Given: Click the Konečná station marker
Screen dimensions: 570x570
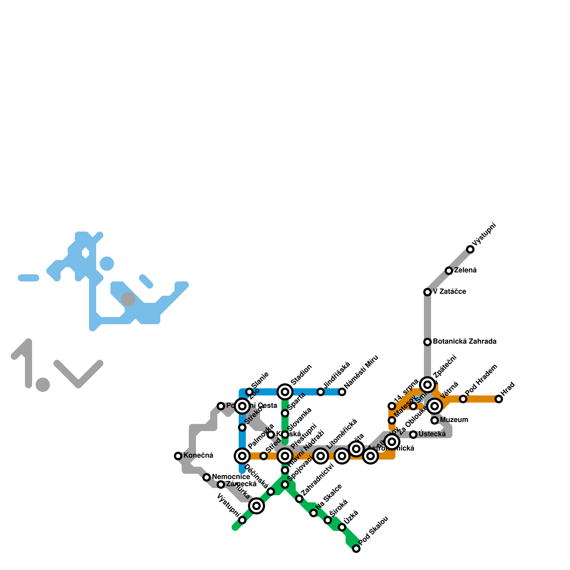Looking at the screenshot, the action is click(178, 456).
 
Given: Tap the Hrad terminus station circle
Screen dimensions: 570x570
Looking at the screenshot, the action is click(499, 399).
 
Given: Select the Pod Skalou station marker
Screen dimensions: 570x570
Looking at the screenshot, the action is click(356, 549).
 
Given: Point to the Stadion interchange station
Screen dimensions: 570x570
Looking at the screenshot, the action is click(285, 392).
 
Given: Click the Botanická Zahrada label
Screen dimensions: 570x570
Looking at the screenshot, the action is click(465, 342).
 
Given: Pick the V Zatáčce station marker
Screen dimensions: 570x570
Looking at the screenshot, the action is click(427, 292).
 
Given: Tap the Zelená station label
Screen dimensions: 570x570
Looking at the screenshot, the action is click(465, 270).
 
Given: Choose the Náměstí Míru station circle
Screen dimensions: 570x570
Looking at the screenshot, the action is click(342, 392).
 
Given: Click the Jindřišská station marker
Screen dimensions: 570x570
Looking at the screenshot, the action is click(321, 392).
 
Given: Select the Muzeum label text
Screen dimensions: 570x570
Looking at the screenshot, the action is click(454, 420).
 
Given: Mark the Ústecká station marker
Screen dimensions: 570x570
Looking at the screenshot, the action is click(413, 435).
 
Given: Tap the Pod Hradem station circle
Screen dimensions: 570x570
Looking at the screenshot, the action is click(463, 399).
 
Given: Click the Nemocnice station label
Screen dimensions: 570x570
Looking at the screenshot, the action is click(231, 477).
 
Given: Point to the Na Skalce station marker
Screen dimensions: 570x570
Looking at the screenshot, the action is click(313, 513).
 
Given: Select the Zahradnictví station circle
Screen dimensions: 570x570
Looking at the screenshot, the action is click(299, 499).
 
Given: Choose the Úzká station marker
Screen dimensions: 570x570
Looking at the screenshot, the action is click(342, 527).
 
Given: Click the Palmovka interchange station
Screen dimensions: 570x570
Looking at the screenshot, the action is click(242, 456).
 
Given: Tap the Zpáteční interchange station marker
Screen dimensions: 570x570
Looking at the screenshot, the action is click(428, 385).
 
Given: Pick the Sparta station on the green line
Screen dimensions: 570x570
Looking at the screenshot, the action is click(285, 413).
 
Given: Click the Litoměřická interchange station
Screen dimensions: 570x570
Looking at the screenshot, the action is click(321, 456).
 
